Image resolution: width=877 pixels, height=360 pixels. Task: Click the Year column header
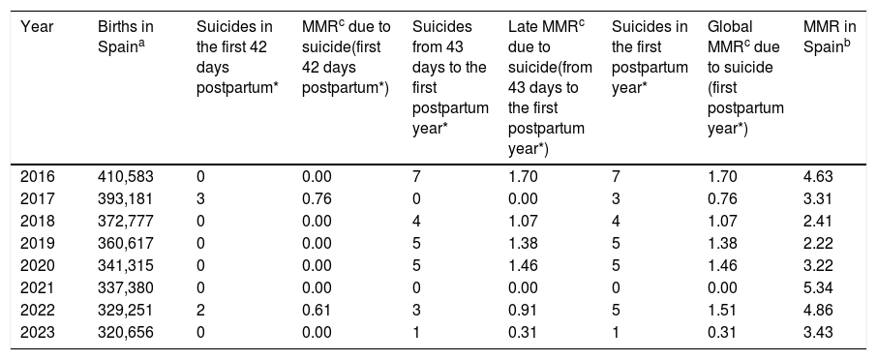coord(37,27)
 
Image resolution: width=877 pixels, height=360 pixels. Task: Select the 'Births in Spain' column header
coord(125,37)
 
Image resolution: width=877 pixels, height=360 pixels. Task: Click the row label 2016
coord(38,177)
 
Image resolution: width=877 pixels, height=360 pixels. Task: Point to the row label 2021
coord(38,287)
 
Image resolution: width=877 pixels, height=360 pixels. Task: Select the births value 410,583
coord(125,177)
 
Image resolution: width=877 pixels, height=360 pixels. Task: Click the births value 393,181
coord(125,199)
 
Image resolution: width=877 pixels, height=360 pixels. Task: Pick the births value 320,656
coord(125,333)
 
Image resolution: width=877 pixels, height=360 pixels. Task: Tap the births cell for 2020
coord(125,265)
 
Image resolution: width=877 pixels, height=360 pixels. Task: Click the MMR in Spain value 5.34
coord(818,287)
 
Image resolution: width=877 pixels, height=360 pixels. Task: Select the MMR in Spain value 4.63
coord(818,177)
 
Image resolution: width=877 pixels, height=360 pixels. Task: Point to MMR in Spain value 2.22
coord(818,243)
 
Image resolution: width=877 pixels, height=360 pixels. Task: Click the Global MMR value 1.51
coord(722,311)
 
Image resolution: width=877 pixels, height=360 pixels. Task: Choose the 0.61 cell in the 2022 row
coord(317,311)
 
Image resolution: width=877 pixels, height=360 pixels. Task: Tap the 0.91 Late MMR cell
coord(523,311)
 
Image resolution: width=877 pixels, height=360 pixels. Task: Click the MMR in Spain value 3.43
coord(818,333)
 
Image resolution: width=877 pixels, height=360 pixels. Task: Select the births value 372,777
coord(125,222)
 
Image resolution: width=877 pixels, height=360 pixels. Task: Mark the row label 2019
coord(38,243)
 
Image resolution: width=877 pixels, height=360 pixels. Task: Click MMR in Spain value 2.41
coord(818,222)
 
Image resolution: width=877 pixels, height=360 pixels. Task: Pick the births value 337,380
coord(125,287)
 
